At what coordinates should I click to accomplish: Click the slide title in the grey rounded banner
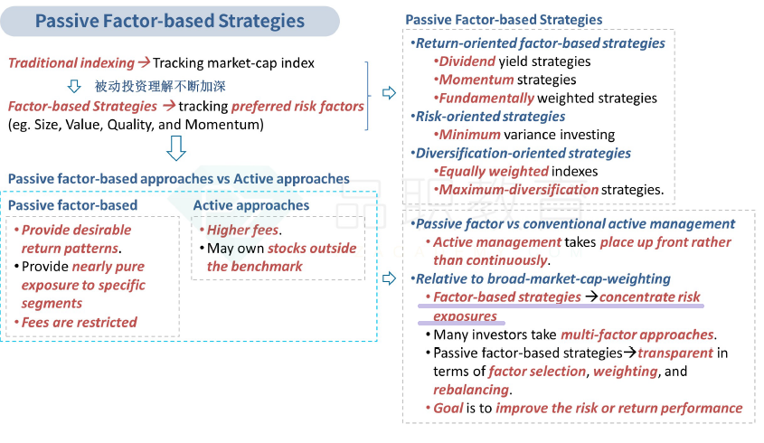[x=170, y=21]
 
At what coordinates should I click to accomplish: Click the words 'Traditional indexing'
[x=71, y=63]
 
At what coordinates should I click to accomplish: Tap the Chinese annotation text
[x=160, y=86]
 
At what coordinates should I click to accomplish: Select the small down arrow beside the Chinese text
[x=74, y=86]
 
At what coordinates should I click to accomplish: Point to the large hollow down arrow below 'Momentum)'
[x=176, y=148]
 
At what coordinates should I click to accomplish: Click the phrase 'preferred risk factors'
[x=297, y=107]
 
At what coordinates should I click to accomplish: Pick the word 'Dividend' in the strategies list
[x=467, y=61]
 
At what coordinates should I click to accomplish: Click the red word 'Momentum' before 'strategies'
[x=476, y=80]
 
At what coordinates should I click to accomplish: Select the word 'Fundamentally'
[x=486, y=99]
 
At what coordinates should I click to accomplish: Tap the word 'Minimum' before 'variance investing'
[x=469, y=135]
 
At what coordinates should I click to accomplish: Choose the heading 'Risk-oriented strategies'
[x=490, y=117]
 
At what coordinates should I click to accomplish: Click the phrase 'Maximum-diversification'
[x=518, y=190]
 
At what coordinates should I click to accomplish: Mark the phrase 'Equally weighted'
[x=494, y=172]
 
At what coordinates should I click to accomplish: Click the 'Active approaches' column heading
[x=251, y=205]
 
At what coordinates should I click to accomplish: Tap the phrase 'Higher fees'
[x=242, y=230]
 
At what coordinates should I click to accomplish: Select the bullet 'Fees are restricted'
[x=79, y=322]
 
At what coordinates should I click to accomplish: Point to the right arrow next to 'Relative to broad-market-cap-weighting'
[x=389, y=278]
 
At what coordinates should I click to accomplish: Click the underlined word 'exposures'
[x=465, y=316]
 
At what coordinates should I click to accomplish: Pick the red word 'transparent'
[x=675, y=353]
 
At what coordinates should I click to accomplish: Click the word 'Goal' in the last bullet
[x=448, y=408]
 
